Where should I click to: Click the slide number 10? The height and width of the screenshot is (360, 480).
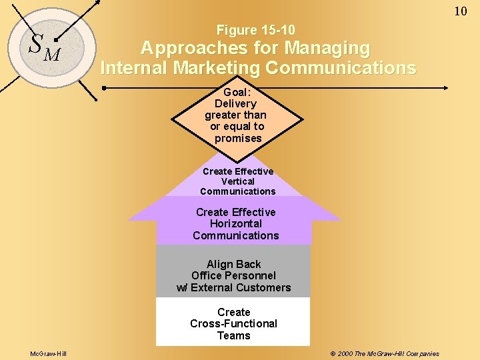point(461,11)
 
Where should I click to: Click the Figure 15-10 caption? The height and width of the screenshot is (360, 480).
point(256,30)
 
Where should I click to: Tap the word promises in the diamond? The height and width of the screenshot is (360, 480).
point(238,138)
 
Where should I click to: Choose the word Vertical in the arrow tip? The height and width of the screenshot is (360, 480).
point(238,181)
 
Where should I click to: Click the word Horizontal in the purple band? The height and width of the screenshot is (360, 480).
point(235,224)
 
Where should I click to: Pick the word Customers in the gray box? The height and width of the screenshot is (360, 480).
point(261,287)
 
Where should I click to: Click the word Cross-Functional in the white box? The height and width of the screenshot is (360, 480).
point(233,323)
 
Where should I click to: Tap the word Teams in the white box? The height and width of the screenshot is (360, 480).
point(233,335)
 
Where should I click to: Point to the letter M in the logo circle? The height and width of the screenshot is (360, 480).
point(51,53)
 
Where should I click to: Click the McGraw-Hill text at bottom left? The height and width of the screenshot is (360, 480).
point(48,353)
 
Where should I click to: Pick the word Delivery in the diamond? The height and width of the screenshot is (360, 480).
point(235,104)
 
